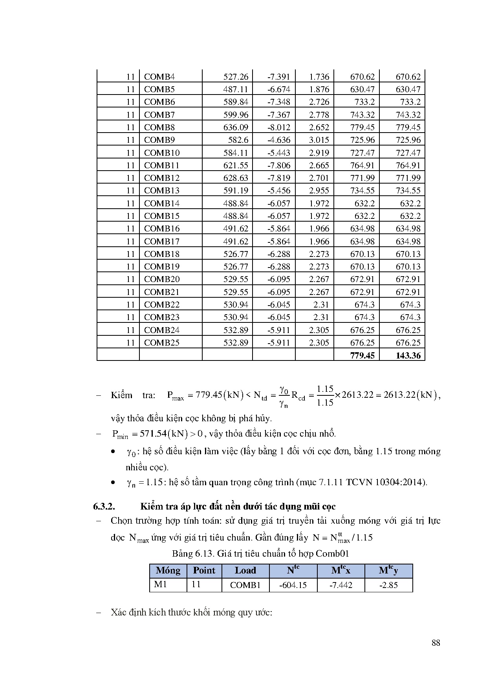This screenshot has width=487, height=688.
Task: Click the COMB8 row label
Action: click(x=159, y=127)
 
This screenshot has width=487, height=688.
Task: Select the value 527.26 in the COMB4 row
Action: click(x=236, y=77)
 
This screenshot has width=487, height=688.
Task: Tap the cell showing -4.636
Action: click(x=279, y=140)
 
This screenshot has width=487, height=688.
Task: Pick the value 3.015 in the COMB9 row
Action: click(x=319, y=140)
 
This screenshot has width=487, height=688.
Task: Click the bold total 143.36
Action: click(x=408, y=355)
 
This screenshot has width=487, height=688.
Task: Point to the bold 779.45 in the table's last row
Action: click(x=363, y=355)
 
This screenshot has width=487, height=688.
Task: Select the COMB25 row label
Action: click(x=162, y=343)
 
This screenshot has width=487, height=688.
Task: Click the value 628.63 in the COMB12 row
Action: click(x=236, y=178)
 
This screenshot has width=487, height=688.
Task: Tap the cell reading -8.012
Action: click(x=279, y=127)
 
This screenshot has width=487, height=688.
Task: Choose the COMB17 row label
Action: click(x=162, y=242)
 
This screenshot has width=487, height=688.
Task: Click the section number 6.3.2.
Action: click(x=104, y=506)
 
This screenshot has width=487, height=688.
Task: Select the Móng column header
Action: click(x=168, y=571)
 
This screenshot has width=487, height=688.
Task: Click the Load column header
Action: click(x=245, y=571)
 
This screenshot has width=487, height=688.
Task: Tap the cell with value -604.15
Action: click(x=293, y=585)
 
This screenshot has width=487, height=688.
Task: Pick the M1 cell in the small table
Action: click(x=161, y=584)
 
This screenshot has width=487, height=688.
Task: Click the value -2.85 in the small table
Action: click(x=388, y=585)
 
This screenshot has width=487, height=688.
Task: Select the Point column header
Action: click(x=204, y=571)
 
